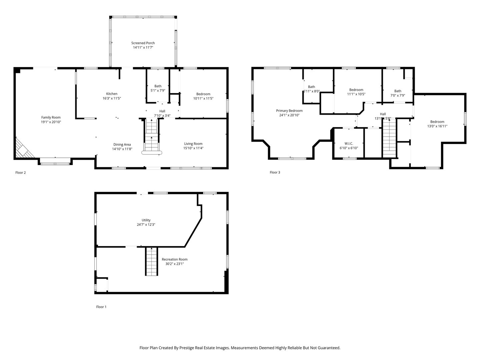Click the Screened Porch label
(143, 43)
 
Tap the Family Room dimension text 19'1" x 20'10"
(51, 122)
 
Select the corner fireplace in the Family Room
(23, 149)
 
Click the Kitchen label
(112, 94)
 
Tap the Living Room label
(193, 144)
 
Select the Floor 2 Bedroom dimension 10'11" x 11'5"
(203, 98)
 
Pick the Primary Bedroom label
(289, 111)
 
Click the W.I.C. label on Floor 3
(349, 143)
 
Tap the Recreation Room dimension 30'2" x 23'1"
(174, 264)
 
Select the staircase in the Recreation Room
(151, 261)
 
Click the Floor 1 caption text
(101, 307)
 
